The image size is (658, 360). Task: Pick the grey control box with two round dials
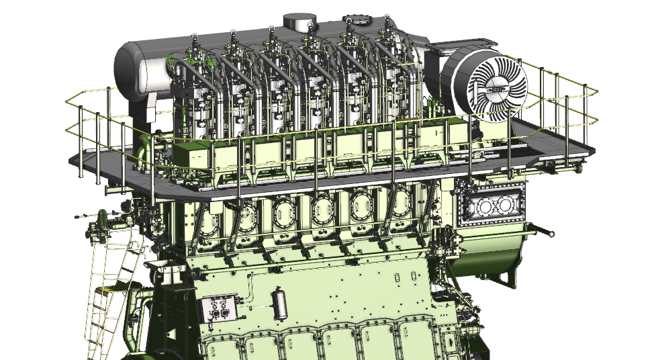(218, 309)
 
